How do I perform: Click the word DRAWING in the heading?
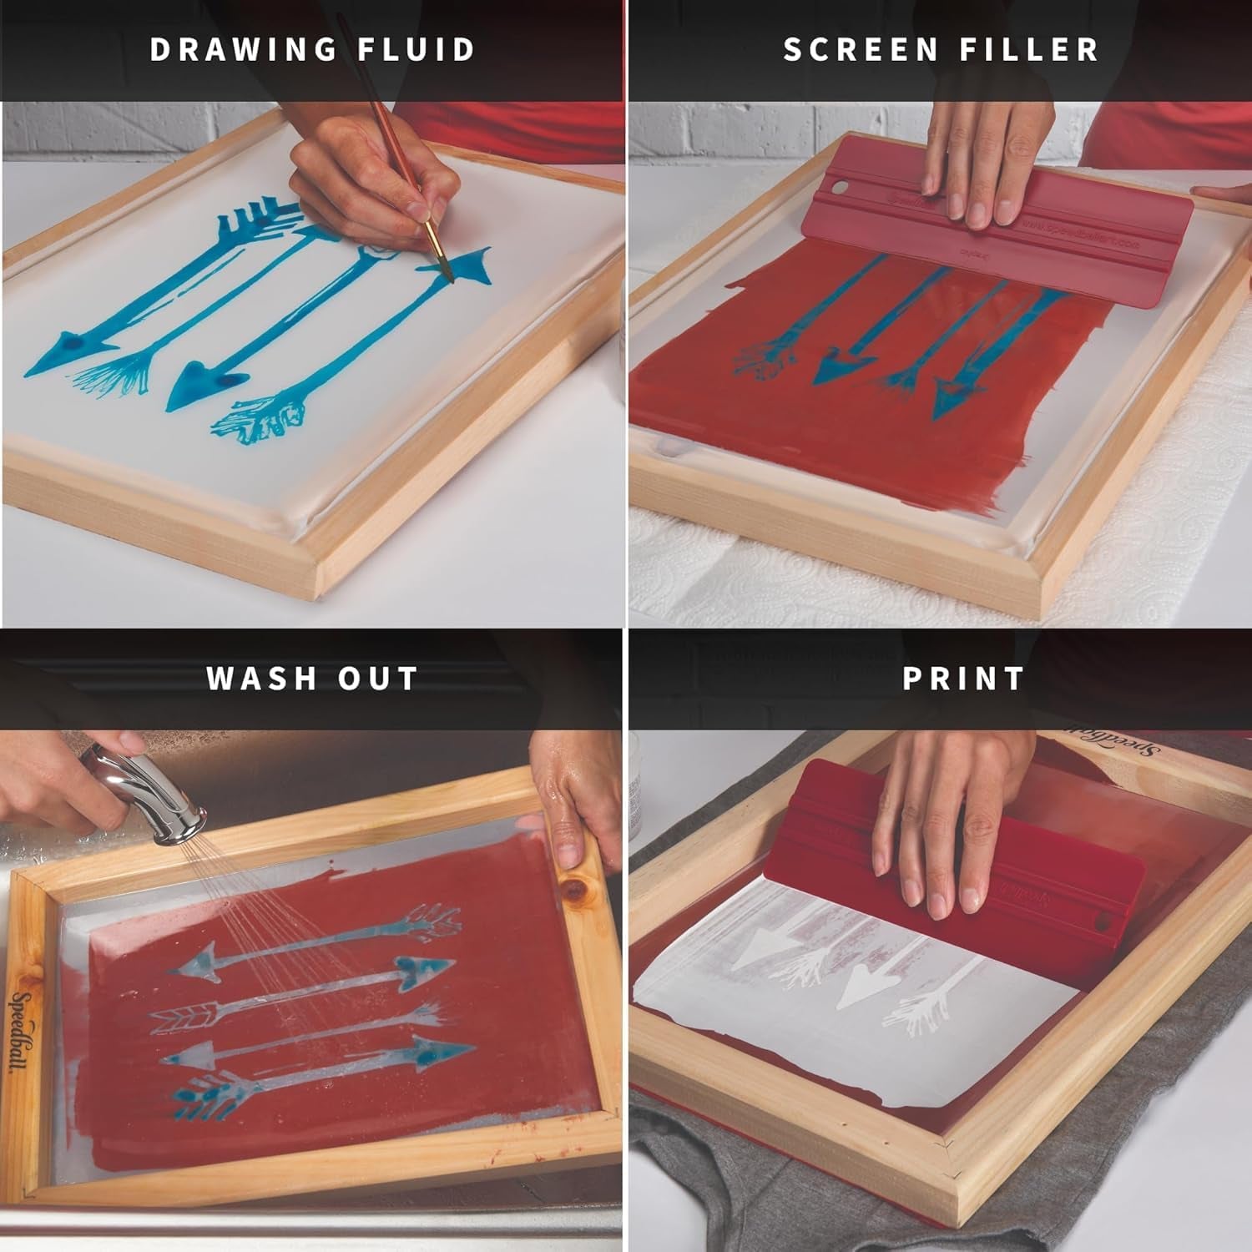(x=243, y=50)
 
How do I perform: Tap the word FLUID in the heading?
(x=416, y=50)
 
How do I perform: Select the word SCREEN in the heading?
(x=861, y=50)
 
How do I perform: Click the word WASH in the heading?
(x=260, y=679)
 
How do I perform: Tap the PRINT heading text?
(x=963, y=679)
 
